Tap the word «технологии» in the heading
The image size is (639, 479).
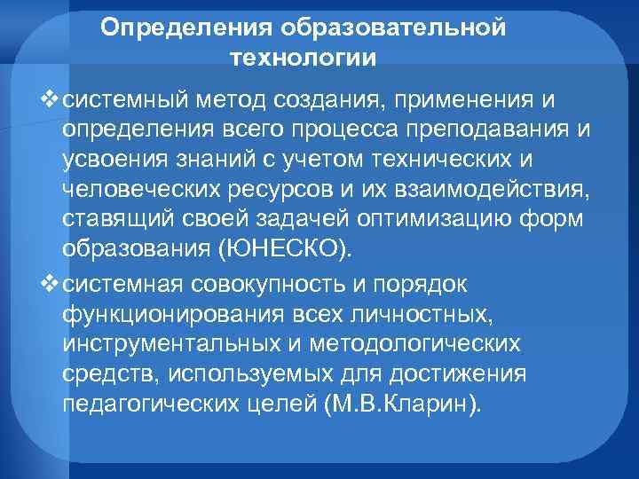point(303,59)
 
